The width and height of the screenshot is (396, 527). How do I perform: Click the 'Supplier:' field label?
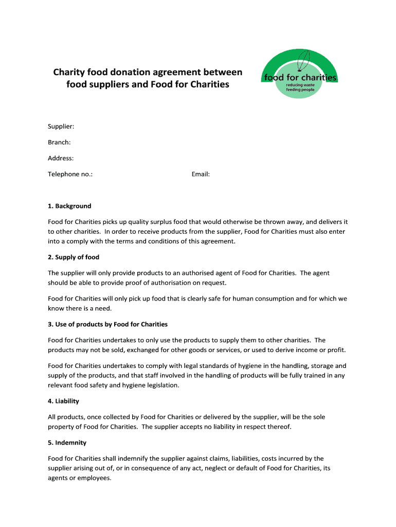61,126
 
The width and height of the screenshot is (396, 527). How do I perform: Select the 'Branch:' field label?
59,142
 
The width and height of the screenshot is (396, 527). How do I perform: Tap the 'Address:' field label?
61,158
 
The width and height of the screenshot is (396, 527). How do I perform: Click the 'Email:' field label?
201,174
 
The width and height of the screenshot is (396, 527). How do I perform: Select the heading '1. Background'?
69,206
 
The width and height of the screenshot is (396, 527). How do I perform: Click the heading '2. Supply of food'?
74,257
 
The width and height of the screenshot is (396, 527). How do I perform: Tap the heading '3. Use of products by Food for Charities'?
107,324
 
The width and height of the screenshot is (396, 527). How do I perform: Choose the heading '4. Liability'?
63,401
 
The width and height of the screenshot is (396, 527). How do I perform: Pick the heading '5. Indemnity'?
67,443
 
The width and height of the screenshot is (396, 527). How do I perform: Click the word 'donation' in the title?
135,72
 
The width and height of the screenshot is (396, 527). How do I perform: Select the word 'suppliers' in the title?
109,84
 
